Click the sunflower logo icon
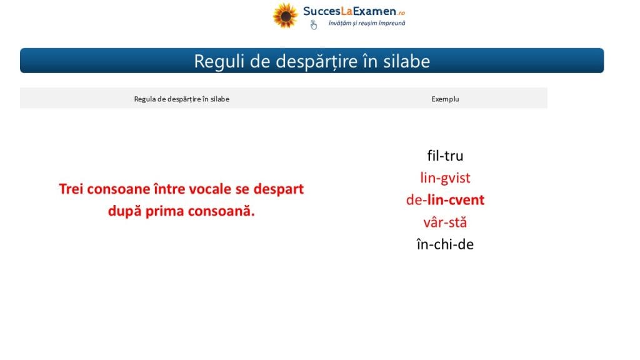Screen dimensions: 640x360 tap(285, 16)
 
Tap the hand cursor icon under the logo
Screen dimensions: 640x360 tap(314, 25)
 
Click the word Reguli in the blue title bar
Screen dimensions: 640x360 tap(218, 62)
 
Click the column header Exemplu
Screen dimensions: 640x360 tap(445, 99)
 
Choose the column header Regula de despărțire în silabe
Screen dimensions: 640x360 tap(182, 99)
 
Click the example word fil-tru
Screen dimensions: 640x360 tap(445, 156)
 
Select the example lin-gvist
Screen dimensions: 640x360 tap(445, 178)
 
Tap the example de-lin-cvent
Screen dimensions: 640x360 tap(445, 200)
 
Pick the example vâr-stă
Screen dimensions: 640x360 tap(445, 222)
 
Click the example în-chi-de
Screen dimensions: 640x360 tap(445, 244)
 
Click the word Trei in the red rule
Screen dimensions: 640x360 tap(71, 189)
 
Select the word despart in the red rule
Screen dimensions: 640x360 tap(279, 189)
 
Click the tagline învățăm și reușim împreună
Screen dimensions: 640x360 tap(367, 23)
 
